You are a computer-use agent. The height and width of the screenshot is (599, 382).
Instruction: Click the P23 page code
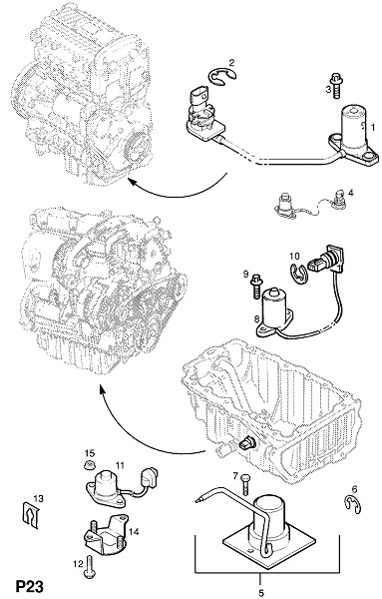[x=29, y=586]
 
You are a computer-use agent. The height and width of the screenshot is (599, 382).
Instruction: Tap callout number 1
[x=373, y=127]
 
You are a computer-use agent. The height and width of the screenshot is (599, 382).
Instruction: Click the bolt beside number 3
[x=336, y=85]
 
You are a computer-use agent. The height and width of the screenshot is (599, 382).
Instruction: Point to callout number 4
[x=350, y=193]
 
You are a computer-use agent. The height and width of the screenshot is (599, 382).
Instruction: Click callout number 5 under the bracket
[x=261, y=592]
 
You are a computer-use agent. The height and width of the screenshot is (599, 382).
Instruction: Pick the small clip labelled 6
[x=353, y=504]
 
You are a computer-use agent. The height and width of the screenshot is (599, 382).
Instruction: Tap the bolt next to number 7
[x=245, y=484]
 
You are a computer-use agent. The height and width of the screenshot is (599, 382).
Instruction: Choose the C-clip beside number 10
[x=298, y=274]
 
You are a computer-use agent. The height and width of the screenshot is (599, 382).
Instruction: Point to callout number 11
[x=121, y=465]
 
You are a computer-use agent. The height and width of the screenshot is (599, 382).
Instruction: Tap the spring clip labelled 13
[x=30, y=514]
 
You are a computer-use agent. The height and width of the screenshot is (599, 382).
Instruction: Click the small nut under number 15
[x=89, y=465]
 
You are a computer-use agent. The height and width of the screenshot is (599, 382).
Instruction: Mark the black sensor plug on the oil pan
[x=244, y=444]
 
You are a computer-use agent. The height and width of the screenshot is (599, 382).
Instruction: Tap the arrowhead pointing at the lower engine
[x=102, y=389]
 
